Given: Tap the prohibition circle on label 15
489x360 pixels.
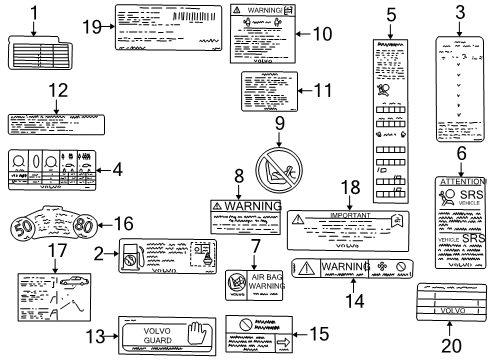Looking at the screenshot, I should (243, 325).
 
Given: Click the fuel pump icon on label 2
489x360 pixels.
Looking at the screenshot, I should (131, 259).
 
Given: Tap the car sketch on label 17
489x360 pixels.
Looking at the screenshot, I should (73, 285).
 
